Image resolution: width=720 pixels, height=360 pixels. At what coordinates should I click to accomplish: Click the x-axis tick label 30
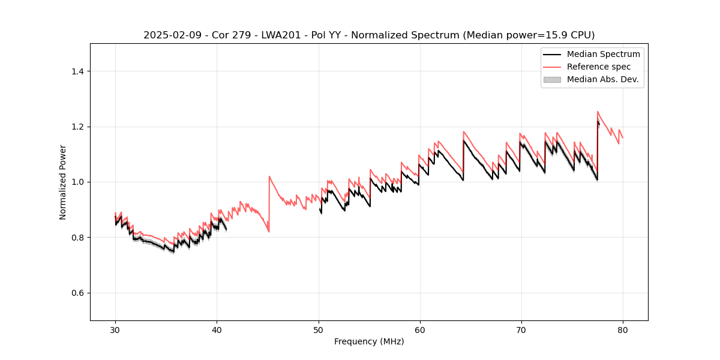point(115,330)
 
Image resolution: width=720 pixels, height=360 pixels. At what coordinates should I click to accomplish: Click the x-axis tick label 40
point(217,330)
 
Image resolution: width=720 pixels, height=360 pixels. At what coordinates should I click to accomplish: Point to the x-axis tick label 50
point(318,330)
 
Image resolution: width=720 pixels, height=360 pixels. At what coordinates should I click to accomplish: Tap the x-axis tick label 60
point(419,330)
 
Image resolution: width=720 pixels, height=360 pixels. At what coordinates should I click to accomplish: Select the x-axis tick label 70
point(521,330)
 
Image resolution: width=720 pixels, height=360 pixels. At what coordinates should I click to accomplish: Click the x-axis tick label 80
point(622,330)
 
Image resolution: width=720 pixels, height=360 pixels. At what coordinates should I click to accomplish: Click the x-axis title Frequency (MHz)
point(369,341)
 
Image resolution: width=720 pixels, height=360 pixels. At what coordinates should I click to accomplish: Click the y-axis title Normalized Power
point(63,182)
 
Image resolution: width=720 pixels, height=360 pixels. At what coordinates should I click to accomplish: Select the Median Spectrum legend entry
point(603,54)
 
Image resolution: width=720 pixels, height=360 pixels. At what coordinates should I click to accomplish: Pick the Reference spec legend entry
point(599,67)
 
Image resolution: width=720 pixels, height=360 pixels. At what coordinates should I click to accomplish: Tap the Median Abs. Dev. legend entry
point(602,79)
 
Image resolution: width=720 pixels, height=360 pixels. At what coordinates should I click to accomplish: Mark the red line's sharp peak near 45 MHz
point(269,176)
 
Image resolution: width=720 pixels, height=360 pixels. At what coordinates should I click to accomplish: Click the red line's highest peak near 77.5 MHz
point(598,112)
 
